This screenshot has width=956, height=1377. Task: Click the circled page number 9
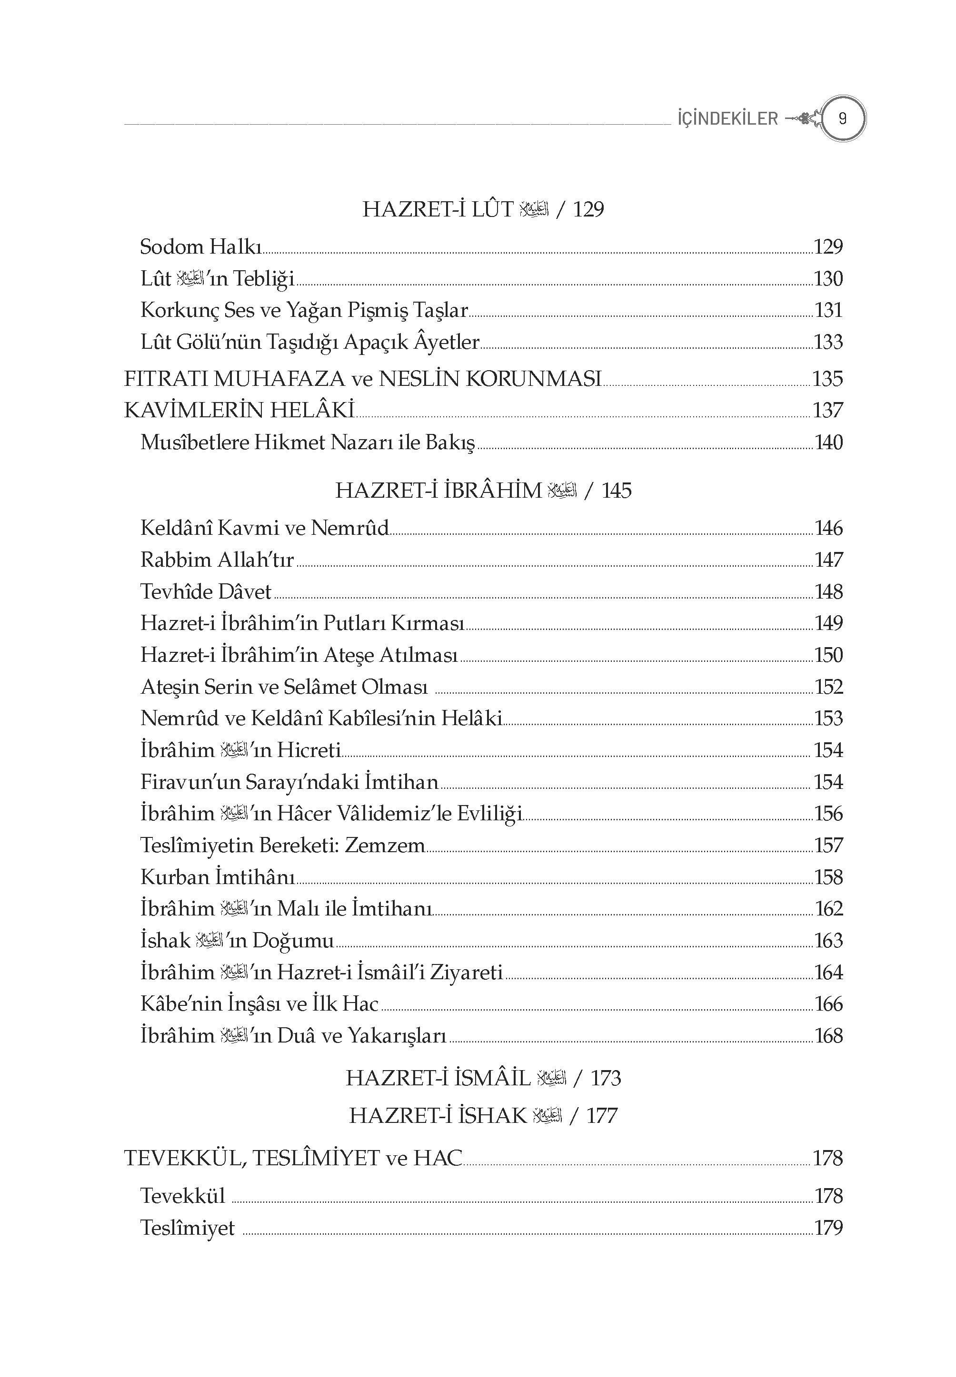(842, 118)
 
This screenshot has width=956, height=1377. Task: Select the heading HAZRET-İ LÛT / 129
(483, 209)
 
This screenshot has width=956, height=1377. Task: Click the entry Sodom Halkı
(201, 246)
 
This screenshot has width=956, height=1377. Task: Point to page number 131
(828, 310)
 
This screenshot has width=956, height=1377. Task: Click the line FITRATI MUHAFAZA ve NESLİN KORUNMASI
(362, 378)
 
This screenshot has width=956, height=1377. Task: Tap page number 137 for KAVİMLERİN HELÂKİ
(828, 410)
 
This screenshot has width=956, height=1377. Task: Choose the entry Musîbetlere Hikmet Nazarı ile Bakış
(307, 443)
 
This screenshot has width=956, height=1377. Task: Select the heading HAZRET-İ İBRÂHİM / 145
(483, 491)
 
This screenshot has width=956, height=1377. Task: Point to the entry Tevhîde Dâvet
(206, 591)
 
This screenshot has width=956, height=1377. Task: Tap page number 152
(828, 687)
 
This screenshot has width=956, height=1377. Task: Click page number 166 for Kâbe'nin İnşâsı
(828, 1004)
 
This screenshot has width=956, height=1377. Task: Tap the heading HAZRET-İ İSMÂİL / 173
(483, 1078)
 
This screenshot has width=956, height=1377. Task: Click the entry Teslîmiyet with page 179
(188, 1228)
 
